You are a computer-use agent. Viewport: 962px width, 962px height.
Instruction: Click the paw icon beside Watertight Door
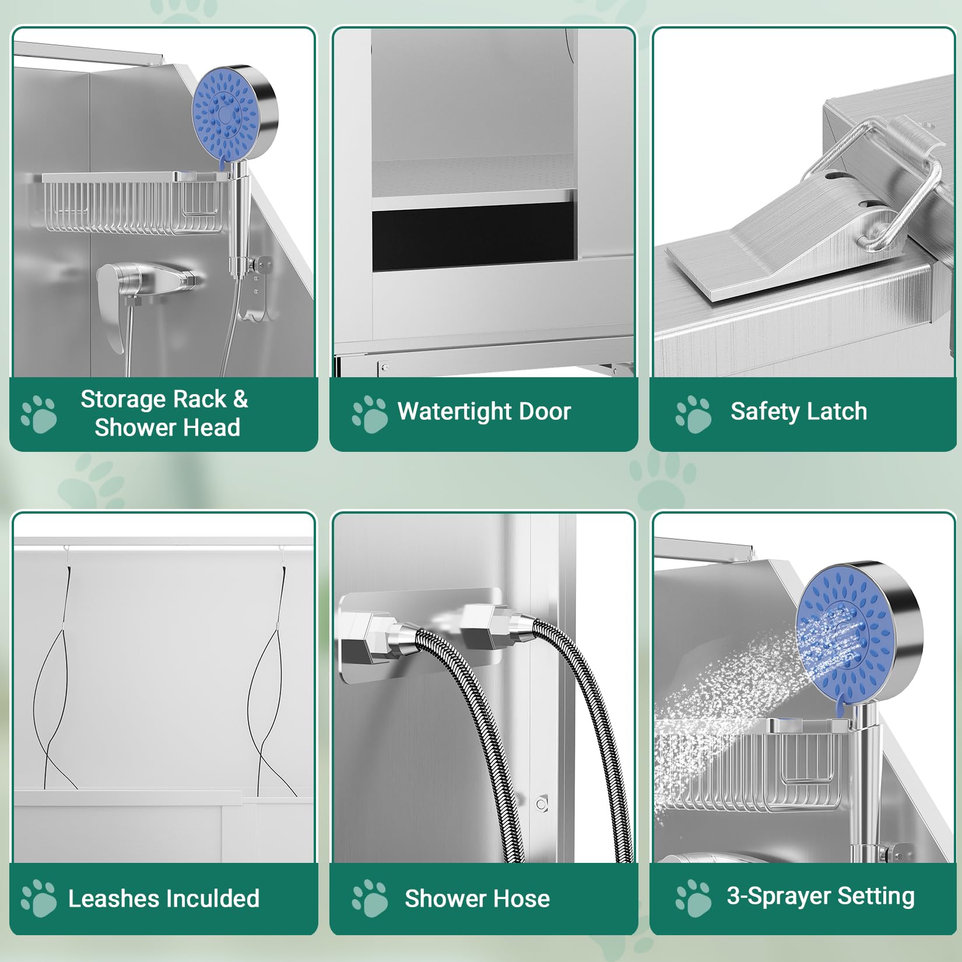(370, 414)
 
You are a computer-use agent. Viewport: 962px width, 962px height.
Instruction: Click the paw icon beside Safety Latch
(693, 414)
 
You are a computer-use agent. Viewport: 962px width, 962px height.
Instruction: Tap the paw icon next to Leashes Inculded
(38, 898)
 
